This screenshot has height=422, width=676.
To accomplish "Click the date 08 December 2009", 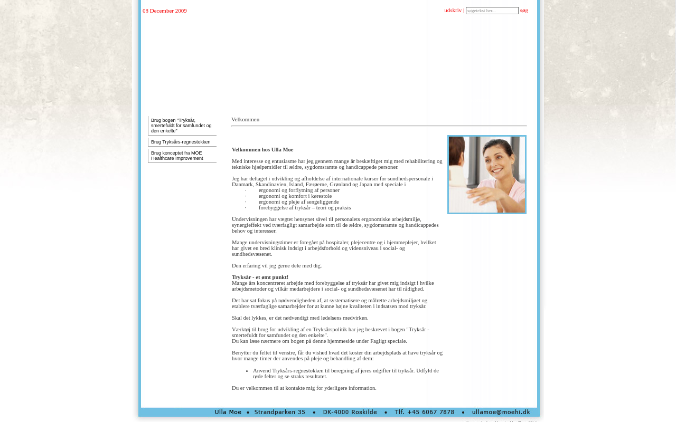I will [x=165, y=11].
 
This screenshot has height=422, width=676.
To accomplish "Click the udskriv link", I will [x=453, y=10].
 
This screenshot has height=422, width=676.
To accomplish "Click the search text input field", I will [x=492, y=11].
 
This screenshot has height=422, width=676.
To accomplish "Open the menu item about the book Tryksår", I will [x=181, y=126].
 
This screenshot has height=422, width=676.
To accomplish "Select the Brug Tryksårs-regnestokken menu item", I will [x=181, y=142].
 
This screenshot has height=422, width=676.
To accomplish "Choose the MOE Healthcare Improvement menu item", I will [x=177, y=156].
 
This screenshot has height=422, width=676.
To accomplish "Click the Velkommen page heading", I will [x=246, y=119].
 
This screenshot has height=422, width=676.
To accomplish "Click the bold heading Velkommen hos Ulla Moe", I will [x=262, y=149].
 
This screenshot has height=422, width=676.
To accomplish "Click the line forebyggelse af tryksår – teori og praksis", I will [x=305, y=207].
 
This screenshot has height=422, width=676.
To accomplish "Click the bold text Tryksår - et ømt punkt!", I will [x=260, y=277].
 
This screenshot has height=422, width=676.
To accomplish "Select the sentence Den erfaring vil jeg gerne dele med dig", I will [x=277, y=265].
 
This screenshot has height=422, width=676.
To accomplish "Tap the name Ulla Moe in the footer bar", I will [x=228, y=412].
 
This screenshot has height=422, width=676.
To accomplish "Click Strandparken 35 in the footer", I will [x=280, y=412].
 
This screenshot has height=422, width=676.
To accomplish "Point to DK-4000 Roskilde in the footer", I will [x=350, y=412].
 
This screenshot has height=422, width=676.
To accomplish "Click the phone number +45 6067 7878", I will [x=425, y=412].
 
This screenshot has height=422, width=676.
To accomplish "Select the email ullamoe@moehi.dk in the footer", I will [x=501, y=412].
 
